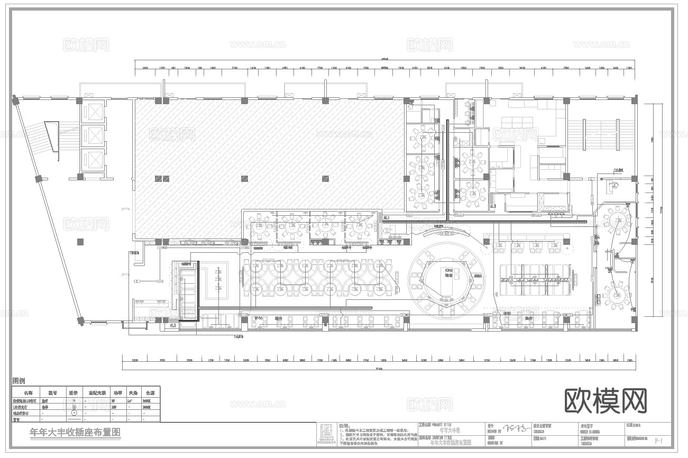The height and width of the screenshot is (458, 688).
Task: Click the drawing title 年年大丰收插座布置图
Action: point(76,432)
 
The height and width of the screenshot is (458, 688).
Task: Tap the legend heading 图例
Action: point(19,381)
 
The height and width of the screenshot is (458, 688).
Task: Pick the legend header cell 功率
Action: point(117,393)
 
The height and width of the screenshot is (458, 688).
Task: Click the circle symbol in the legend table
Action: point(74,413)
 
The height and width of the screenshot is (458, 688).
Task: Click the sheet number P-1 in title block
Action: point(659,440)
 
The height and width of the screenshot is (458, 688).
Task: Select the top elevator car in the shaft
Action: point(93,112)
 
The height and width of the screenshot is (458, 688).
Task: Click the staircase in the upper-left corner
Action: point(50,136)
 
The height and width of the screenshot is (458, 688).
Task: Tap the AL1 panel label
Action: point(173,326)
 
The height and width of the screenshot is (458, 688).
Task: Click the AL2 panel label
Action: point(386,217)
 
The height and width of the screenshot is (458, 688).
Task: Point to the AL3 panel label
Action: point(493,206)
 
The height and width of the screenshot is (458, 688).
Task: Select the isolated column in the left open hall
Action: point(80,242)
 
